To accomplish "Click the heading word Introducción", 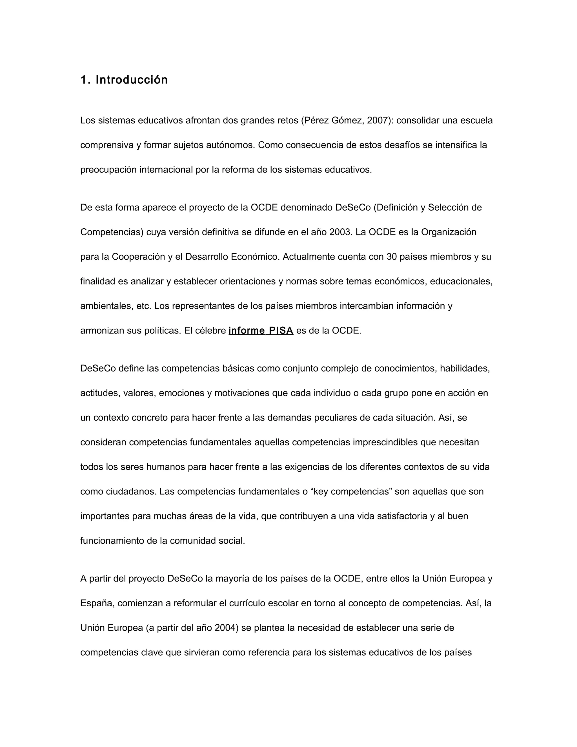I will coord(132,80).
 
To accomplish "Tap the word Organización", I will coord(449,232).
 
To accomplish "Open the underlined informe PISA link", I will coord(261,331).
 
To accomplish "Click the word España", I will coord(97,603).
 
